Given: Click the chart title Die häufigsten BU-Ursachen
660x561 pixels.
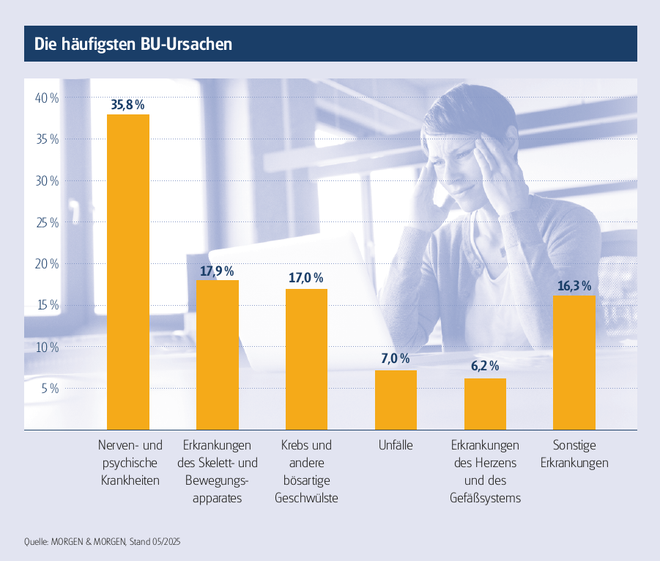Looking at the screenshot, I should tap(133, 44).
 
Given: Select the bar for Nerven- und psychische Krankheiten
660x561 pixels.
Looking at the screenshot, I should tap(128, 271).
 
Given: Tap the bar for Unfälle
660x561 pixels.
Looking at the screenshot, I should tap(396, 400).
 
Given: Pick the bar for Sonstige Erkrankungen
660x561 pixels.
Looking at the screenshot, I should tap(574, 362).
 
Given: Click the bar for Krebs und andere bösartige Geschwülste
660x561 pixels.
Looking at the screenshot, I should tap(306, 359).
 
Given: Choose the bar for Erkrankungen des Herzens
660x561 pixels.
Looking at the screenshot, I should tap(485, 403).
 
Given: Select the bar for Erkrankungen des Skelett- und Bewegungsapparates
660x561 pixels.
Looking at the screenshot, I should tap(218, 355).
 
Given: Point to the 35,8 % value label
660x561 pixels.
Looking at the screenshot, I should tap(128, 105).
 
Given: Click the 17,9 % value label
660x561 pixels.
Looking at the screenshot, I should tap(218, 271).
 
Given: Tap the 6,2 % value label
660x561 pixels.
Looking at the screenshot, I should tap(485, 366).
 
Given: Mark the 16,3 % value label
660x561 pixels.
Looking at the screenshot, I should tap(574, 286).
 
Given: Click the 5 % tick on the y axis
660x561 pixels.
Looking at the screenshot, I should tap(49, 389).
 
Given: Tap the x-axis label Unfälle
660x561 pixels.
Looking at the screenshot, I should tap(396, 445).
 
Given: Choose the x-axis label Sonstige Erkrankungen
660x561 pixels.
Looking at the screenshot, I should tap(574, 454).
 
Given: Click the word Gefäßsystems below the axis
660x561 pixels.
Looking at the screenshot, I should tap(485, 499).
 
